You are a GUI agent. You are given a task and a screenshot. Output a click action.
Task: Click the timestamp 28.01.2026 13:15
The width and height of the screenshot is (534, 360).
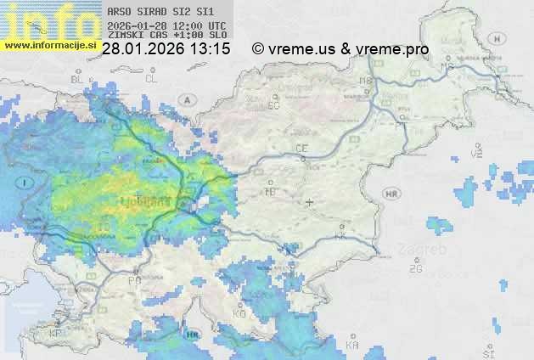coord(166,49)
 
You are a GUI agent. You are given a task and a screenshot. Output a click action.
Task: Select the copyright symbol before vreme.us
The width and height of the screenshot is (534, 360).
coord(258,49)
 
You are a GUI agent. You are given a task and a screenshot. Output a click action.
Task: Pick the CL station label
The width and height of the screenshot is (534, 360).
coord(152,78)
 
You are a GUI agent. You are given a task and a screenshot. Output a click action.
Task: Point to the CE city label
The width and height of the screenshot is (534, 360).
coord(301,149)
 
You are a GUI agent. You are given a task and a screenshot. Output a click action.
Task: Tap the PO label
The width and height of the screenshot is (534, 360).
coord(133,280)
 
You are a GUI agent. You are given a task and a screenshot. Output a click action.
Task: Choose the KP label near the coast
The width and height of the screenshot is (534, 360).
coord(56,334)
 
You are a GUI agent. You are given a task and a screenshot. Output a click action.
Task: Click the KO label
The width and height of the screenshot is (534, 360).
coord(239,314)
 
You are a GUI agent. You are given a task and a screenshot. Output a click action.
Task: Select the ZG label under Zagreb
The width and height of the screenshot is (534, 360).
coord(416,269)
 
